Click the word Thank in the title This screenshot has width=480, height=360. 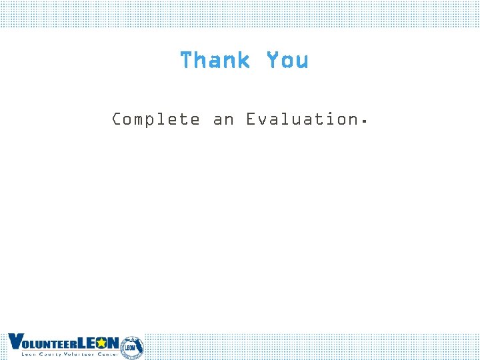click(215, 61)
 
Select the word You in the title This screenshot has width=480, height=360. click(287, 61)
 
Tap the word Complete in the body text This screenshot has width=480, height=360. click(155, 120)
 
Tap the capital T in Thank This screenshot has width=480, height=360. click(186, 61)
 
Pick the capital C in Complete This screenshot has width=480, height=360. click(117, 119)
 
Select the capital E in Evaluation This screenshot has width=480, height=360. click(251, 119)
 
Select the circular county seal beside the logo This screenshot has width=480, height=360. click(131, 347)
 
